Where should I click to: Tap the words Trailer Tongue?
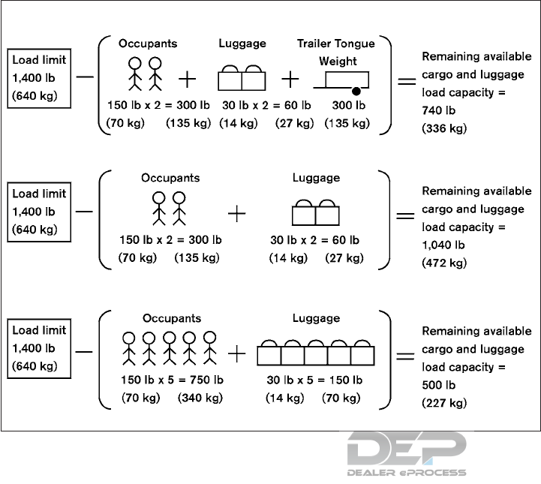pos(335,44)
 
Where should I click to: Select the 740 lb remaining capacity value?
pos(438,110)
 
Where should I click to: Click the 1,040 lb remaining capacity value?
pos(443,245)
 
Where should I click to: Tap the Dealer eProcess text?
pos(406,473)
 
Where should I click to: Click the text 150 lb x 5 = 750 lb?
pos(171,380)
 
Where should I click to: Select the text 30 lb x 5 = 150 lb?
pos(315,380)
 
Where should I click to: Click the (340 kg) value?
pos(200,398)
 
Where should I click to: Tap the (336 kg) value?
pos(444,128)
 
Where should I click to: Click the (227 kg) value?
pos(444,403)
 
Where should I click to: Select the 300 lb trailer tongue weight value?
pos(349,105)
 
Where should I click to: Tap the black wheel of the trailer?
pos(356,91)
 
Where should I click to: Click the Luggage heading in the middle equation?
pos(316,178)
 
